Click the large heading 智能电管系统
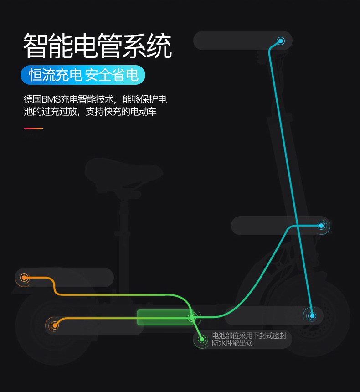(98, 46)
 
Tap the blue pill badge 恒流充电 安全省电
(83, 75)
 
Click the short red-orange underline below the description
(33, 128)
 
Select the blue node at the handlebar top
(281, 41)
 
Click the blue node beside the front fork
(321, 225)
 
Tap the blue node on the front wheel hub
(312, 315)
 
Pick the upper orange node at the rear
(25, 277)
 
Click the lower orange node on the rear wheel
(55, 325)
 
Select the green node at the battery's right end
(192, 317)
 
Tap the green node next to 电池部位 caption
(202, 339)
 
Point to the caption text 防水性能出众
(232, 343)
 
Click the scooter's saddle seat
(123, 172)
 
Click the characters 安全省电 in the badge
(112, 75)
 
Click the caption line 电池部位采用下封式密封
(249, 336)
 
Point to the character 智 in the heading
(36, 46)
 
